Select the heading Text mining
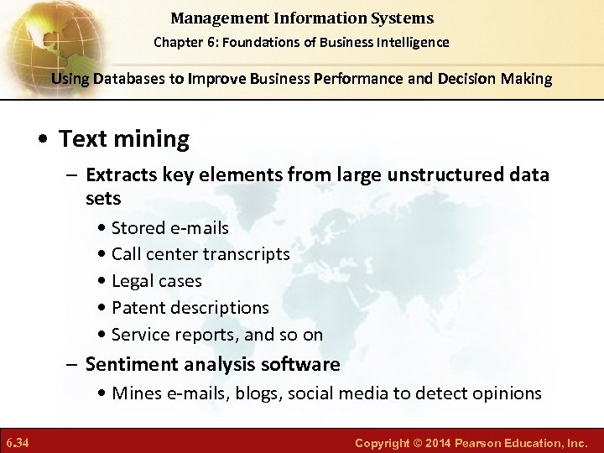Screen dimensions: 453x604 [x=123, y=138]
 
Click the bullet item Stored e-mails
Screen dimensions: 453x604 [x=169, y=227]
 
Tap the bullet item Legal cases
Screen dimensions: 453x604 [x=156, y=281]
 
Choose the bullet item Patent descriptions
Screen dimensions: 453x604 [x=190, y=308]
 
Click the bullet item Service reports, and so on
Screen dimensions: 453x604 [x=216, y=335]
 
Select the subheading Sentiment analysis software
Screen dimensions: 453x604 [x=212, y=364]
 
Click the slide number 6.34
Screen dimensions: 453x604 [x=18, y=441]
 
